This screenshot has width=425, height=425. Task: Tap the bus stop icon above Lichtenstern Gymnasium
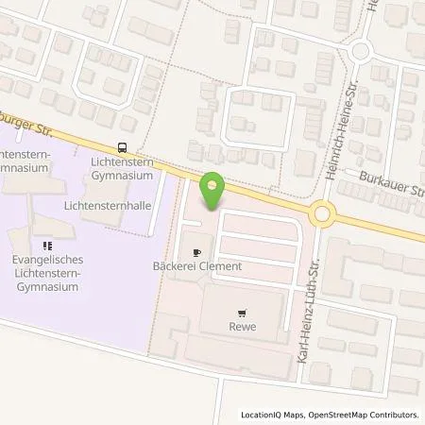[x=122, y=146]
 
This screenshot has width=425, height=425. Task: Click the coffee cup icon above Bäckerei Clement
[x=196, y=253]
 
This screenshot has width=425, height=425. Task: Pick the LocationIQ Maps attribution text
[x=271, y=415]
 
